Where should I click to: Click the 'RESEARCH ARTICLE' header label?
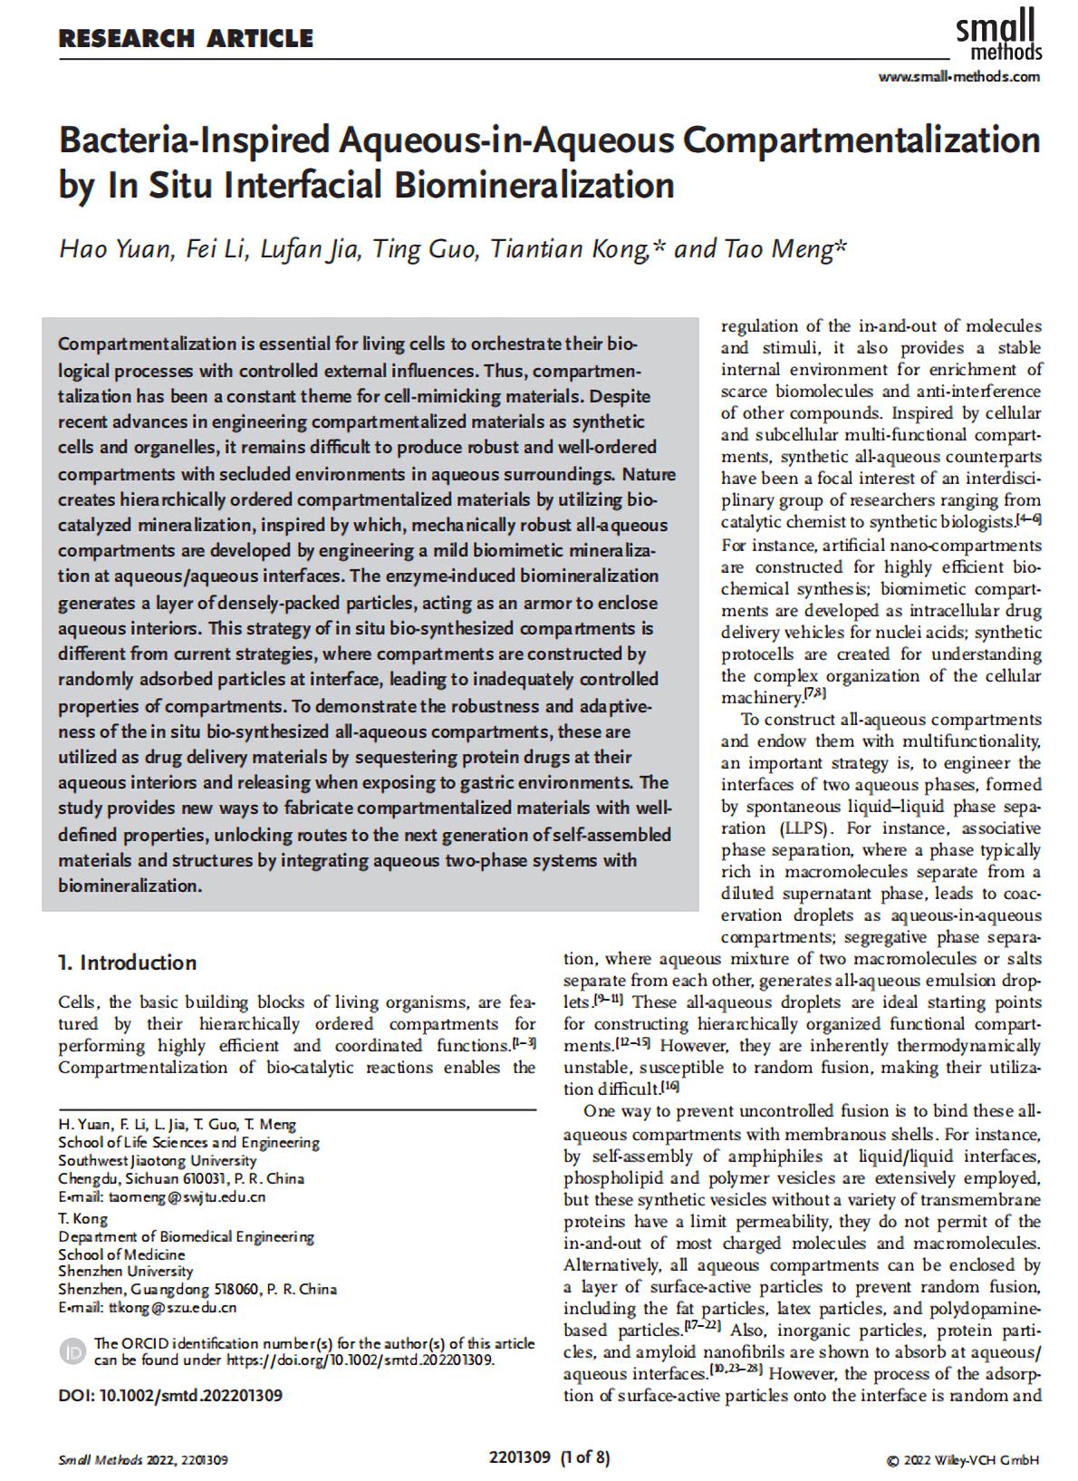click(186, 39)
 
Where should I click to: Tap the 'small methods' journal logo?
click(998, 34)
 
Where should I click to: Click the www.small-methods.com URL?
click(959, 76)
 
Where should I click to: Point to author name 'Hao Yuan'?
click(115, 248)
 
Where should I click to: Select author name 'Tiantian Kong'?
click(568, 248)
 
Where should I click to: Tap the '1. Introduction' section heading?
click(127, 963)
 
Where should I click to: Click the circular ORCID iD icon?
click(72, 1351)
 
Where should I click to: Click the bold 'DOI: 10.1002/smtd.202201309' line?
click(170, 1396)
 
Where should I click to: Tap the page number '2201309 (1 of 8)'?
click(549, 1458)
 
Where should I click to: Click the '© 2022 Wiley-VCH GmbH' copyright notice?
click(963, 1460)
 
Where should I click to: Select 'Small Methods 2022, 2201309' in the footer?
click(143, 1460)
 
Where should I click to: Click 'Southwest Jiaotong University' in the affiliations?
click(158, 1161)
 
